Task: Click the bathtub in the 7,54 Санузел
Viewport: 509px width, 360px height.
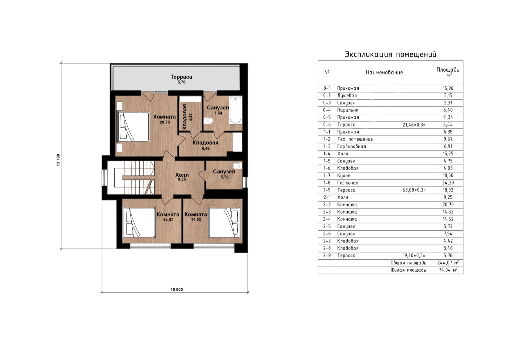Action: click(x=235, y=110)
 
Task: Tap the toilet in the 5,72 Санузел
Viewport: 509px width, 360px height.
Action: click(x=237, y=165)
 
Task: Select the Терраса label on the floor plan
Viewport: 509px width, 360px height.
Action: click(x=181, y=77)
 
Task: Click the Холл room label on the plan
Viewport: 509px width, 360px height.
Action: click(x=182, y=175)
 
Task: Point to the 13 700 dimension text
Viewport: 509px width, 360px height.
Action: click(x=58, y=160)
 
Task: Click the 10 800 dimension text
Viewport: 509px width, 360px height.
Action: click(x=177, y=290)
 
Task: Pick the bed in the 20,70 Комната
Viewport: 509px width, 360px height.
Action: click(x=133, y=126)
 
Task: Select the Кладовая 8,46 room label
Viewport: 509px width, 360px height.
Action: click(x=205, y=145)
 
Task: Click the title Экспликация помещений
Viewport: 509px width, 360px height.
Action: click(x=391, y=54)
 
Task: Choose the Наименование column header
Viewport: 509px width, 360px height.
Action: click(x=384, y=72)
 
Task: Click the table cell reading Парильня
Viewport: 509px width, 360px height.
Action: click(x=348, y=110)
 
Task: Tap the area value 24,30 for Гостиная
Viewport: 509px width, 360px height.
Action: click(x=448, y=183)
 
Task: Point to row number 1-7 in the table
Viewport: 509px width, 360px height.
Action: click(x=327, y=175)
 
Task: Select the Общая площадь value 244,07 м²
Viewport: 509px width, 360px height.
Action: click(x=448, y=263)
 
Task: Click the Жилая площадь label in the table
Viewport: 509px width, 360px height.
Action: click(x=408, y=270)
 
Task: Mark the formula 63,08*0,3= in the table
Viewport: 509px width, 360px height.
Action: click(x=414, y=190)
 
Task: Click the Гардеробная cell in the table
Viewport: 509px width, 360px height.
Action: click(x=352, y=146)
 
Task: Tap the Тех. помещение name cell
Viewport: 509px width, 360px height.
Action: click(x=355, y=139)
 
